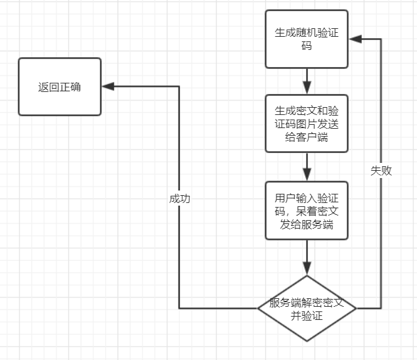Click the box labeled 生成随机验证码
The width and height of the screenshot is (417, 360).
pos(306,39)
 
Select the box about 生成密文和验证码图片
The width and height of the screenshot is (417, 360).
pos(306,124)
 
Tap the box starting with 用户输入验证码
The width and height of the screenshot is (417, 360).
pos(306,210)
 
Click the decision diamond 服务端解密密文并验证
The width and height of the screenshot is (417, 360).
pos(306,308)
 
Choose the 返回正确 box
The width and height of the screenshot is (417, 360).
pos(60,87)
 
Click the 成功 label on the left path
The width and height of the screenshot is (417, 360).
pos(179,198)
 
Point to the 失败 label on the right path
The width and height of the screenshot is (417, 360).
pos(381,170)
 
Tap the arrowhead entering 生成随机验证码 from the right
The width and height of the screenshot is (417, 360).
pos(355,39)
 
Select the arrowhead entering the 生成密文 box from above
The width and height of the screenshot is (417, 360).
pos(306,89)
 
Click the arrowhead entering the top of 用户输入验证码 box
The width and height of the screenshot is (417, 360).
pos(306,175)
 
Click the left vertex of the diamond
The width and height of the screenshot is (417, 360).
pos(258,308)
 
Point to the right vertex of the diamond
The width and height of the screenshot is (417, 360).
pos(355,308)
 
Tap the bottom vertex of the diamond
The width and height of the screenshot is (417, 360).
pos(306,341)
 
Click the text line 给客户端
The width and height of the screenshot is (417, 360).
pos(306,137)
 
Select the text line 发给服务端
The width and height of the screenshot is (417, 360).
pos(306,224)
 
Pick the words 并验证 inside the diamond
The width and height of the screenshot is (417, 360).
pos(306,317)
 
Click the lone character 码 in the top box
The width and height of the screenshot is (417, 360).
pos(306,47)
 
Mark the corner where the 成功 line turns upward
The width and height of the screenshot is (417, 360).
pos(179,308)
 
